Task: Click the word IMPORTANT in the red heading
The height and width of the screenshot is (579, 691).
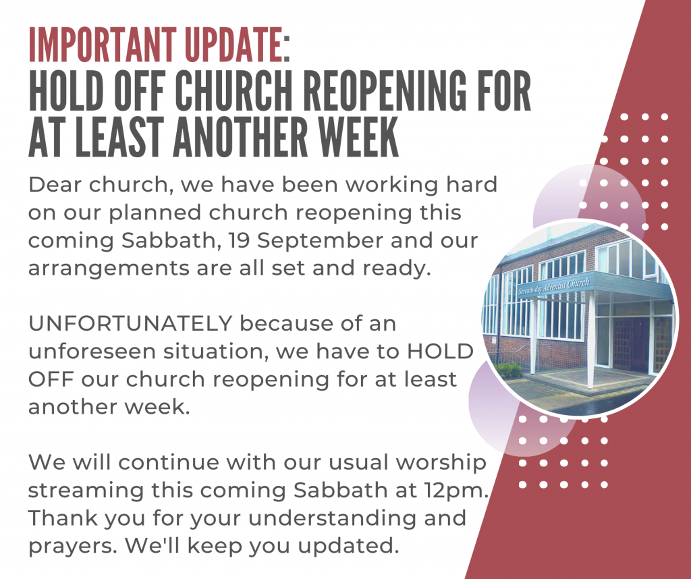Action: click(x=103, y=45)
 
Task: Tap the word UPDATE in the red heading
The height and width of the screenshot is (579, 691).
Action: click(x=233, y=45)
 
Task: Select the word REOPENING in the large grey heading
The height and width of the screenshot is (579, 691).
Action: click(x=384, y=90)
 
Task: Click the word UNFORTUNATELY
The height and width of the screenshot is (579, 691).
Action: click(x=130, y=324)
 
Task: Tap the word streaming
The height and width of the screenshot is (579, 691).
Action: click(x=86, y=491)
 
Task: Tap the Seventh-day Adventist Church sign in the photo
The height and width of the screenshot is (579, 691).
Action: click(x=553, y=286)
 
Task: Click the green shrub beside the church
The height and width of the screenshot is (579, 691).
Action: click(x=508, y=370)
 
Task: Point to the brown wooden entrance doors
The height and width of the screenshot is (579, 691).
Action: click(x=631, y=343)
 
